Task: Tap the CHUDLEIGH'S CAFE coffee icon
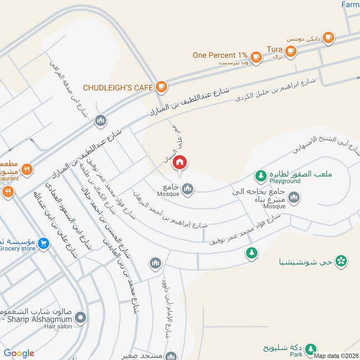161,86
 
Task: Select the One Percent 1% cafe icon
256,56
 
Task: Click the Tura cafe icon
291,51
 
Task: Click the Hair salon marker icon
81,318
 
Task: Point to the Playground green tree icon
260,174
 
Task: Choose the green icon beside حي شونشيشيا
342,260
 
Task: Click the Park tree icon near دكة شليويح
310,349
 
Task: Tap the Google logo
19,353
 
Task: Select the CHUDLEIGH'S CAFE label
118,87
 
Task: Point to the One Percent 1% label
220,55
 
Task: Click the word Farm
350,4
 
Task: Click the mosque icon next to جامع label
188,189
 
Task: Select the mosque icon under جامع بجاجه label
294,197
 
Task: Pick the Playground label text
285,181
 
